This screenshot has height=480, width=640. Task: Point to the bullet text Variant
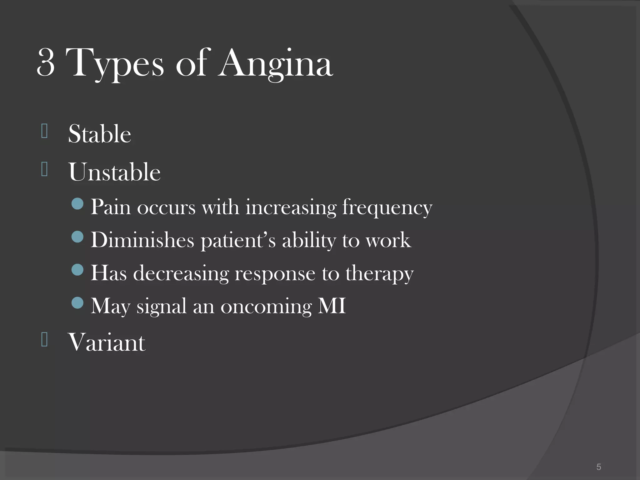pyautogui.click(x=107, y=342)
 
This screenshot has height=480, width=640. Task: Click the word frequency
pyautogui.click(x=387, y=207)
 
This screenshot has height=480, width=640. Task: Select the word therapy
pyautogui.click(x=379, y=274)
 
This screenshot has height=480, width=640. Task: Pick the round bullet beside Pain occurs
pyautogui.click(x=77, y=204)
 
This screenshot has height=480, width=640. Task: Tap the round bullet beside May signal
pyautogui.click(x=77, y=302)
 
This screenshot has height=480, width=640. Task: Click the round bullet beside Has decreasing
pyautogui.click(x=77, y=269)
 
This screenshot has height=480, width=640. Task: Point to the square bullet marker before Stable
pyautogui.click(x=44, y=131)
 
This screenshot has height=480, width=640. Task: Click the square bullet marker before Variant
pyautogui.click(x=44, y=339)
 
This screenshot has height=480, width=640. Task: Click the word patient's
pyautogui.click(x=238, y=241)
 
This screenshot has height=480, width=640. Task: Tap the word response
pyautogui.click(x=275, y=274)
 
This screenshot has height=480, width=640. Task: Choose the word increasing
pyautogui.click(x=291, y=207)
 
